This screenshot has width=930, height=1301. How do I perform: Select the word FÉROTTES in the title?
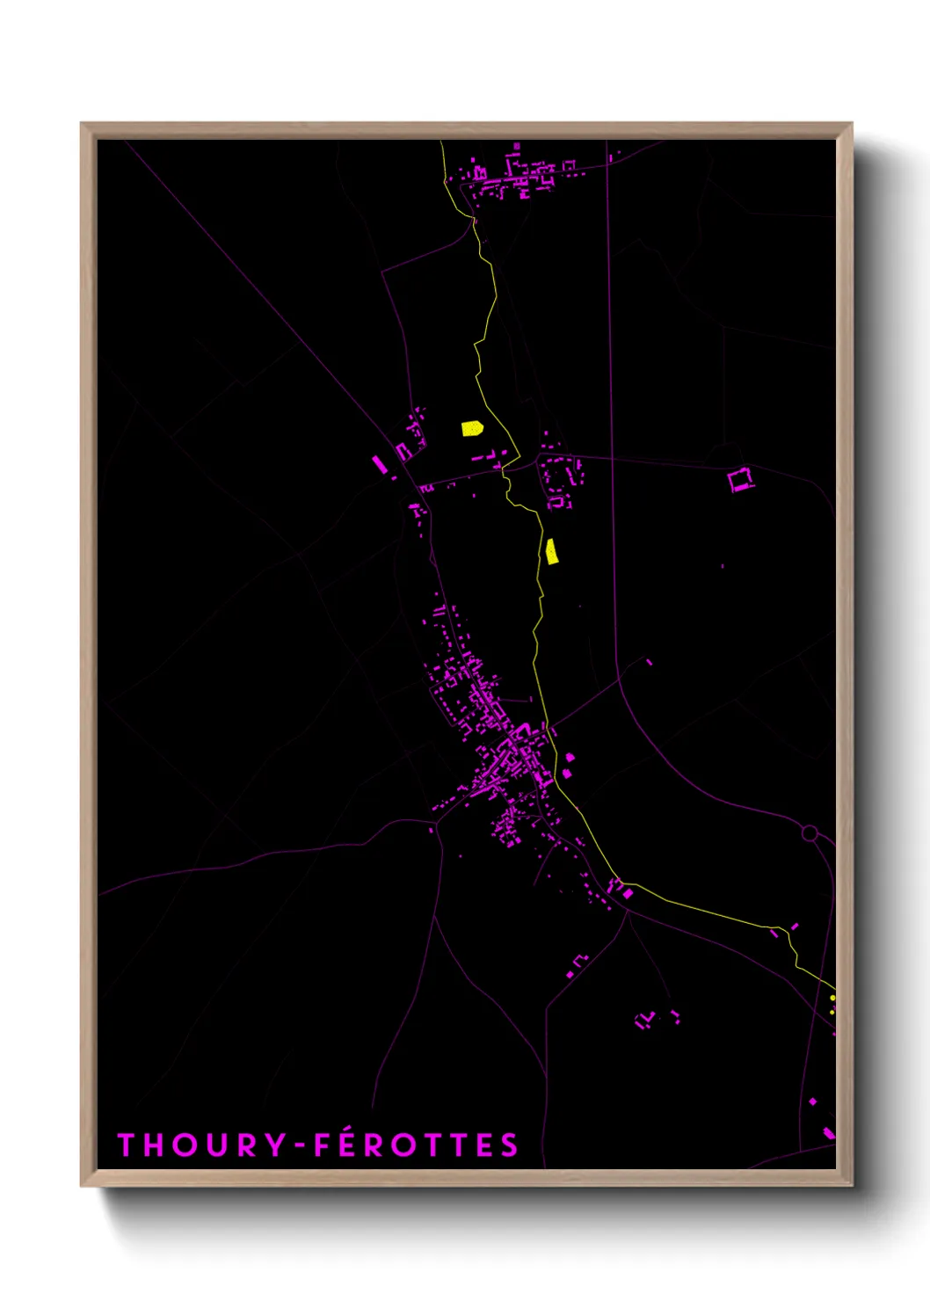tap(416, 1145)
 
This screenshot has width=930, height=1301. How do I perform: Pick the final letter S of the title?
tap(510, 1145)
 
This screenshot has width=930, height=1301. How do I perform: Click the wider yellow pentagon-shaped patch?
tap(472, 428)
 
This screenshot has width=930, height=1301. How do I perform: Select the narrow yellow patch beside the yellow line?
tap(551, 551)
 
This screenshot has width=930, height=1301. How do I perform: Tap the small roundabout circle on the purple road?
tap(810, 832)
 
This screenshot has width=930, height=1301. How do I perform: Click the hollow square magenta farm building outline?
tap(740, 479)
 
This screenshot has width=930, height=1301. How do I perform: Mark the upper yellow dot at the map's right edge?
tap(832, 998)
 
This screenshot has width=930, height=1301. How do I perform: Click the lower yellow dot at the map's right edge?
tap(832, 1011)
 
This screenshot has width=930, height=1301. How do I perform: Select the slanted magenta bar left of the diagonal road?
tap(380, 463)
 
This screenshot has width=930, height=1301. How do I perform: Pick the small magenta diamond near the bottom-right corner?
tap(813, 1101)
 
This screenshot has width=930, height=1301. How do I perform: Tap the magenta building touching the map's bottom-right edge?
tap(828, 1132)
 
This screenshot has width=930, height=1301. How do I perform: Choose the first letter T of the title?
tap(126, 1145)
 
